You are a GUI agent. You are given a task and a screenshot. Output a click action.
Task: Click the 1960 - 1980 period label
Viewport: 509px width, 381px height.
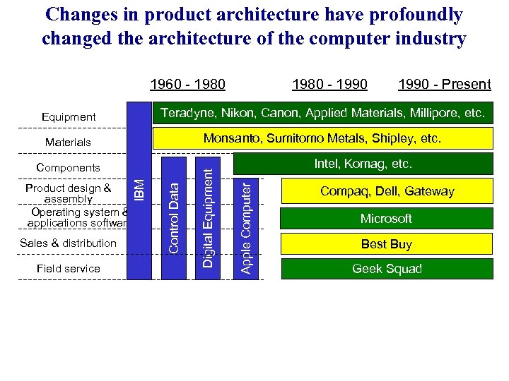point(187,85)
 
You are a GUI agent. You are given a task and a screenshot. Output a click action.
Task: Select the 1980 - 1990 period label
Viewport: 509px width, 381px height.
point(329,85)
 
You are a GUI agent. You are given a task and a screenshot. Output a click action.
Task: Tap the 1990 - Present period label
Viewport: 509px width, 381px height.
point(444,85)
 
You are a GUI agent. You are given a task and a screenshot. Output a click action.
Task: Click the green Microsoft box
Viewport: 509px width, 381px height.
point(386,219)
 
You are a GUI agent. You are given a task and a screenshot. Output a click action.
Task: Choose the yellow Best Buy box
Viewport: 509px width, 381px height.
point(386,244)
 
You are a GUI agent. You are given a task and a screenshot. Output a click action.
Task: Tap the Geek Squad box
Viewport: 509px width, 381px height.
point(386,269)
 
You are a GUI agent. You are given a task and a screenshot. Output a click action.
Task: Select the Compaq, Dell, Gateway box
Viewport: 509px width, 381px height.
point(386,191)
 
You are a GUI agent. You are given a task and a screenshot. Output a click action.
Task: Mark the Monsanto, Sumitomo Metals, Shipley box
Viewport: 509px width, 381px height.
point(322,139)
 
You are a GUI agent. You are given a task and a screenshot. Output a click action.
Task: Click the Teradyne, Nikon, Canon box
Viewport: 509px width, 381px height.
point(322,113)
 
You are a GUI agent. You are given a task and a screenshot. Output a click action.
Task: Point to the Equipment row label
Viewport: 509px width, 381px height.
point(69,116)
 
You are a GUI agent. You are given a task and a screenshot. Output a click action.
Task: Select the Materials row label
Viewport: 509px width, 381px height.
point(68,143)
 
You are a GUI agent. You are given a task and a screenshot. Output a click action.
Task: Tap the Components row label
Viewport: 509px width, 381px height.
point(68,168)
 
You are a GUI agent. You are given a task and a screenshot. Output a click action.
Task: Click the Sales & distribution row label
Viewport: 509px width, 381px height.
point(68,243)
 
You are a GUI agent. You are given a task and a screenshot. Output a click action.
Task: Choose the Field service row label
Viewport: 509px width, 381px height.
point(68,269)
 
